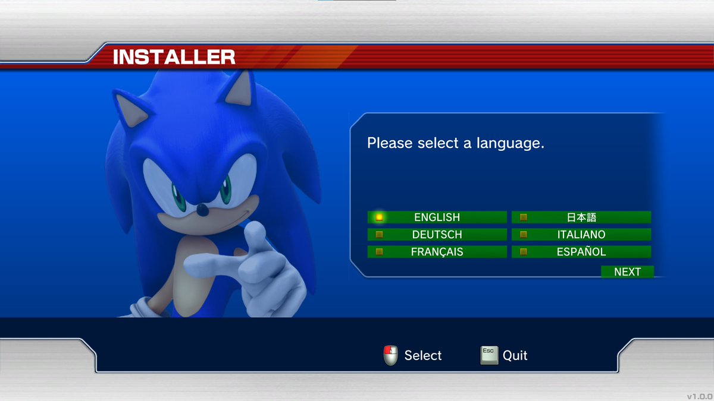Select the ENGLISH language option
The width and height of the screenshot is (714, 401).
point(437,217)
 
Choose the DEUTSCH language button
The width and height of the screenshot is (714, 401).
point(437,235)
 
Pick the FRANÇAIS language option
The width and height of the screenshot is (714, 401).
point(437,252)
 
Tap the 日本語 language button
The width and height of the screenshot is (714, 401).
point(581,217)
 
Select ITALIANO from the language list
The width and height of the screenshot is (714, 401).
point(581,235)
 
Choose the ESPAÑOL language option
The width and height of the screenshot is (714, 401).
point(581,252)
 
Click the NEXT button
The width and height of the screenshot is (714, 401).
point(627,272)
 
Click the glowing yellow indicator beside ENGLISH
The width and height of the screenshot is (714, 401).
point(379,217)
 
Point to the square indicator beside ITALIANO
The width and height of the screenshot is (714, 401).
point(524,235)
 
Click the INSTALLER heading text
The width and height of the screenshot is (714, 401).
point(174,57)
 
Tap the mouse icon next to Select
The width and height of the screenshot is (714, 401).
point(390,355)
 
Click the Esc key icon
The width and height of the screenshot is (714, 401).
point(488,355)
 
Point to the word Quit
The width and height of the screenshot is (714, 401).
point(515,355)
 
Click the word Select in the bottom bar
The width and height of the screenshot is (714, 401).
point(423,355)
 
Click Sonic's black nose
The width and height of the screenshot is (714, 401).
point(203,210)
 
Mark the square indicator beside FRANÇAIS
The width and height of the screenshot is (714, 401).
point(379,252)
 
